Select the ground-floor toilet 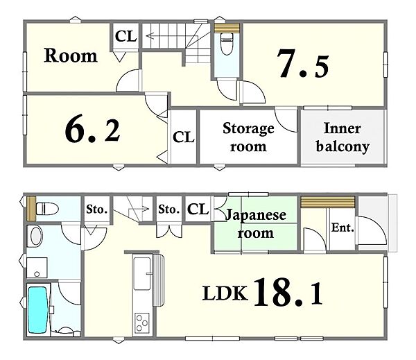(47, 208)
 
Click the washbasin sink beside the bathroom (36, 237)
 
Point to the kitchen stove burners (141, 323)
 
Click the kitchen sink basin (142, 274)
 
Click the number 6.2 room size (93, 130)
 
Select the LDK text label (225, 293)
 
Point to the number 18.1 (288, 292)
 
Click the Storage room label (248, 137)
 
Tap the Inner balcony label (343, 137)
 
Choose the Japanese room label (256, 224)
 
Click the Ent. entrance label (343, 228)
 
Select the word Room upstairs (71, 55)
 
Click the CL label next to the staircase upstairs (125, 36)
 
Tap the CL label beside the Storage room (183, 137)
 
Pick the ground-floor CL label (198, 209)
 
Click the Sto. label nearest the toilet (97, 209)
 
